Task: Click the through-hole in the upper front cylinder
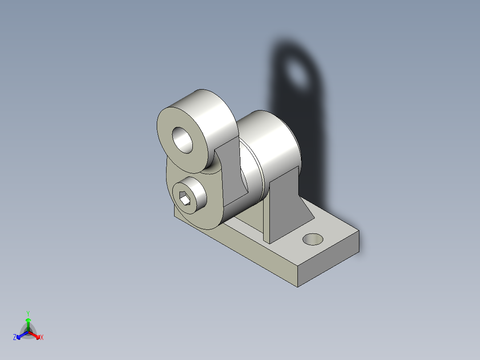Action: [x=183, y=140]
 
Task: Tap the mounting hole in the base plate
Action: [x=313, y=239]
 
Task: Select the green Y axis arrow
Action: [x=28, y=324]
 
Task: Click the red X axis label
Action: [x=42, y=337]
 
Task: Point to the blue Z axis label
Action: [x=14, y=337]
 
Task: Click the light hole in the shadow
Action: [x=297, y=72]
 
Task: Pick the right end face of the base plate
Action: [x=328, y=259]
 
